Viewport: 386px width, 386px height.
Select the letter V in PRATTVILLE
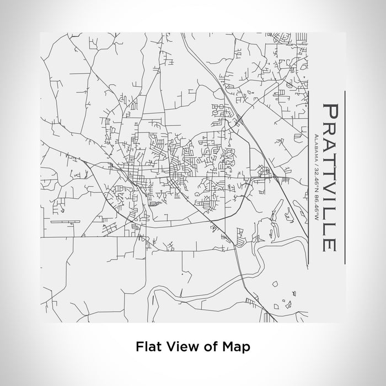(x=330, y=190)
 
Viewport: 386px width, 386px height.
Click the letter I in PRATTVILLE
(x=330, y=203)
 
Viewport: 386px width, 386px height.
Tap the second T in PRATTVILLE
(x=330, y=174)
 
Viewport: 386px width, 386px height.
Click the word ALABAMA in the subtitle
(x=315, y=144)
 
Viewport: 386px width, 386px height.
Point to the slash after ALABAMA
(x=315, y=159)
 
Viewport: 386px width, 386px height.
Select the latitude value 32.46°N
(x=315, y=173)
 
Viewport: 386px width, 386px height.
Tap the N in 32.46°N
(x=315, y=181)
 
